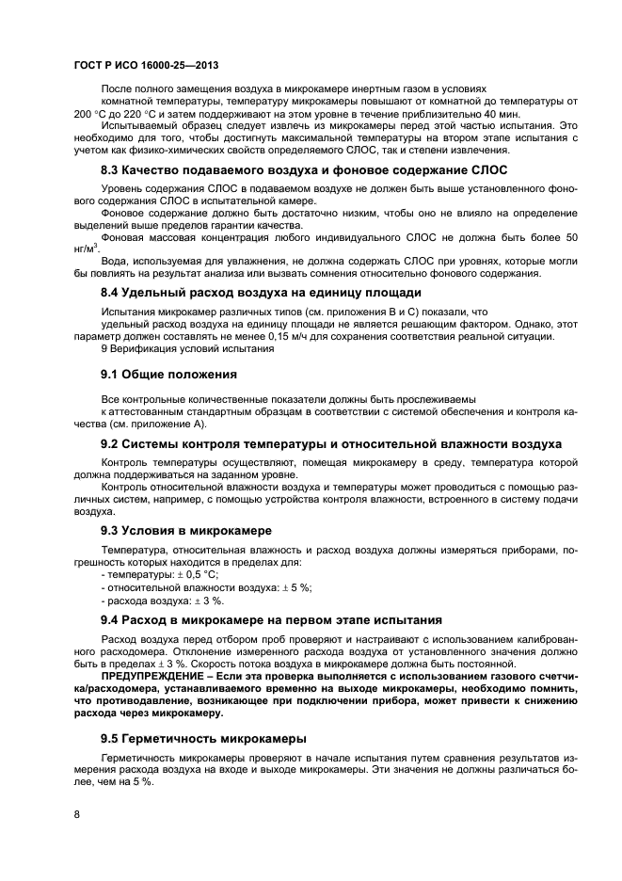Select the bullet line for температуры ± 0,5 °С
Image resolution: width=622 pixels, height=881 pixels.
158,573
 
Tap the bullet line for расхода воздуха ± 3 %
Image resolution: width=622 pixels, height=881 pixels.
162,600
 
